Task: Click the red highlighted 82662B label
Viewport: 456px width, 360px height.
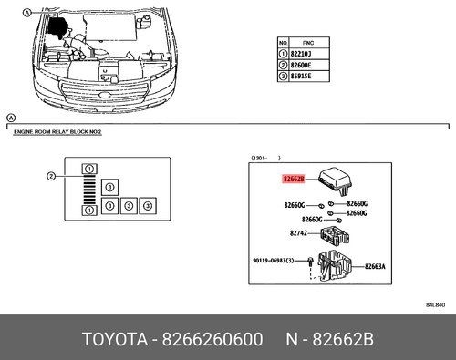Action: [x=295, y=180]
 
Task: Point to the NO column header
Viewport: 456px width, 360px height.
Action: [x=283, y=42]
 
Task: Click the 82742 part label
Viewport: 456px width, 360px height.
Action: [x=294, y=234]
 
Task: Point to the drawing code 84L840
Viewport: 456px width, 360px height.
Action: [x=438, y=303]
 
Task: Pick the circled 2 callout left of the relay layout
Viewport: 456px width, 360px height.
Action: [x=53, y=176]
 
